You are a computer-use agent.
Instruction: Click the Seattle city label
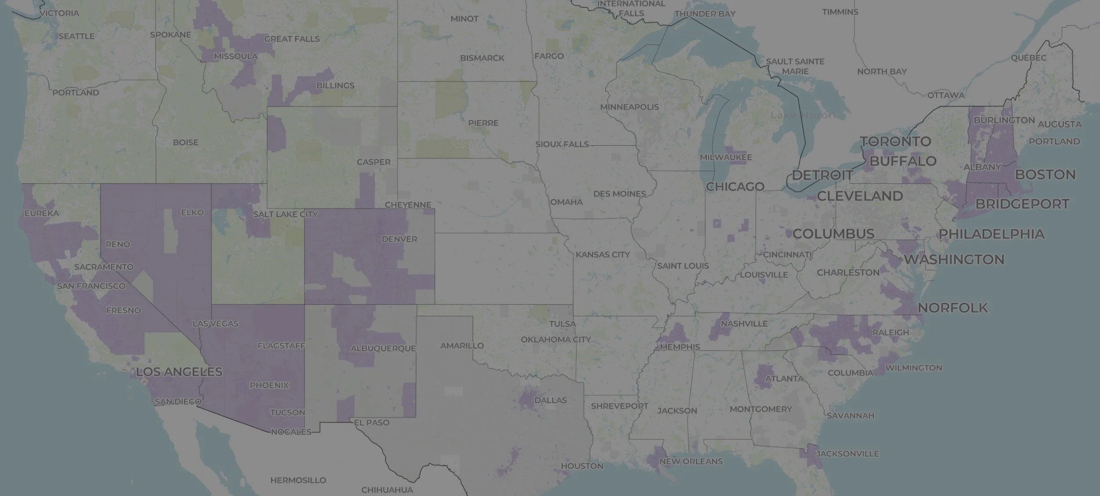click(x=77, y=36)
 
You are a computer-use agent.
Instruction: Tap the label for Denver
click(x=399, y=239)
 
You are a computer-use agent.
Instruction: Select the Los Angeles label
click(x=179, y=372)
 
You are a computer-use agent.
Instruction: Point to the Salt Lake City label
click(x=285, y=214)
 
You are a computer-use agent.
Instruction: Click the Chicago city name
click(x=735, y=187)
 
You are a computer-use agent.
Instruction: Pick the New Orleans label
click(x=691, y=461)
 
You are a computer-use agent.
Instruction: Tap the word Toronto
click(x=895, y=141)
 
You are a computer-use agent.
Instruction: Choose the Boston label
click(x=1045, y=174)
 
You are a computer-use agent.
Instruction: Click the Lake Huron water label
click(x=802, y=115)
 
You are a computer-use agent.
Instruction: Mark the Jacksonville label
click(x=847, y=453)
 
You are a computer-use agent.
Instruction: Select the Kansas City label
click(x=602, y=254)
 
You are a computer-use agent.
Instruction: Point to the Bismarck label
click(x=482, y=58)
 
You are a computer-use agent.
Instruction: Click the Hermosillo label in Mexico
click(x=298, y=480)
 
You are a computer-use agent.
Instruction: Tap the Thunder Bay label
click(x=705, y=14)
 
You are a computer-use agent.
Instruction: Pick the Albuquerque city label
click(x=383, y=348)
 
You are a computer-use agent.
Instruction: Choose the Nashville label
click(x=744, y=323)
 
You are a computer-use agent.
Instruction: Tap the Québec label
click(x=1028, y=58)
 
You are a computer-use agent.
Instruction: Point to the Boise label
click(x=185, y=143)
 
